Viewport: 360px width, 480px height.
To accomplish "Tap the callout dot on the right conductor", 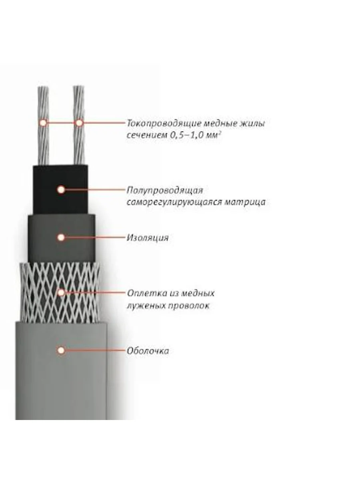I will pyautogui.click(x=79, y=122).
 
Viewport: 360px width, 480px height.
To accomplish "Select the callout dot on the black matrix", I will pyautogui.click(x=61, y=190).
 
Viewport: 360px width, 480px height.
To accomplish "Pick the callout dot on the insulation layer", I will pyautogui.click(x=61, y=238).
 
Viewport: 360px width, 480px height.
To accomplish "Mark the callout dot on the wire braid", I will pyautogui.click(x=61, y=292).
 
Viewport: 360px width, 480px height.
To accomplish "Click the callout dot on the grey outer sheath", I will pyautogui.click(x=61, y=350).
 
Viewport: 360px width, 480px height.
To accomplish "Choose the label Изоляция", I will pyautogui.click(x=148, y=238).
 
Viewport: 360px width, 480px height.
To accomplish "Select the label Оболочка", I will pyautogui.click(x=148, y=351).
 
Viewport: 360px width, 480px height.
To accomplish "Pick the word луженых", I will pyautogui.click(x=142, y=306).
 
